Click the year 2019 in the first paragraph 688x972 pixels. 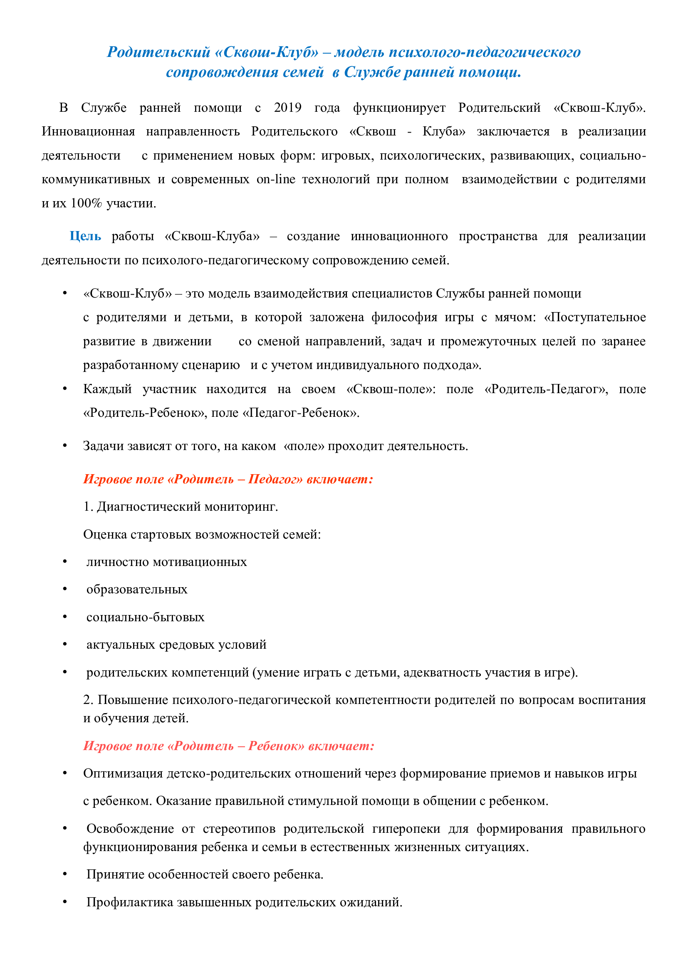click(287, 108)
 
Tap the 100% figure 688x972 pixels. click(87, 203)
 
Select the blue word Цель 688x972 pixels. click(85, 236)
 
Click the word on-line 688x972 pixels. click(276, 179)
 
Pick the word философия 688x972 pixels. click(404, 317)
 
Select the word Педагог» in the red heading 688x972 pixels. click(276, 479)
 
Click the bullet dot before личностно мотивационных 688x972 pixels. click(65, 562)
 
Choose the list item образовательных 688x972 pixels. click(136, 589)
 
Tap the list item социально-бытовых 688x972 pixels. click(145, 617)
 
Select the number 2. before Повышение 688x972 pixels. click(88, 700)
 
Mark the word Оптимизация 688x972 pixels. click(123, 773)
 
